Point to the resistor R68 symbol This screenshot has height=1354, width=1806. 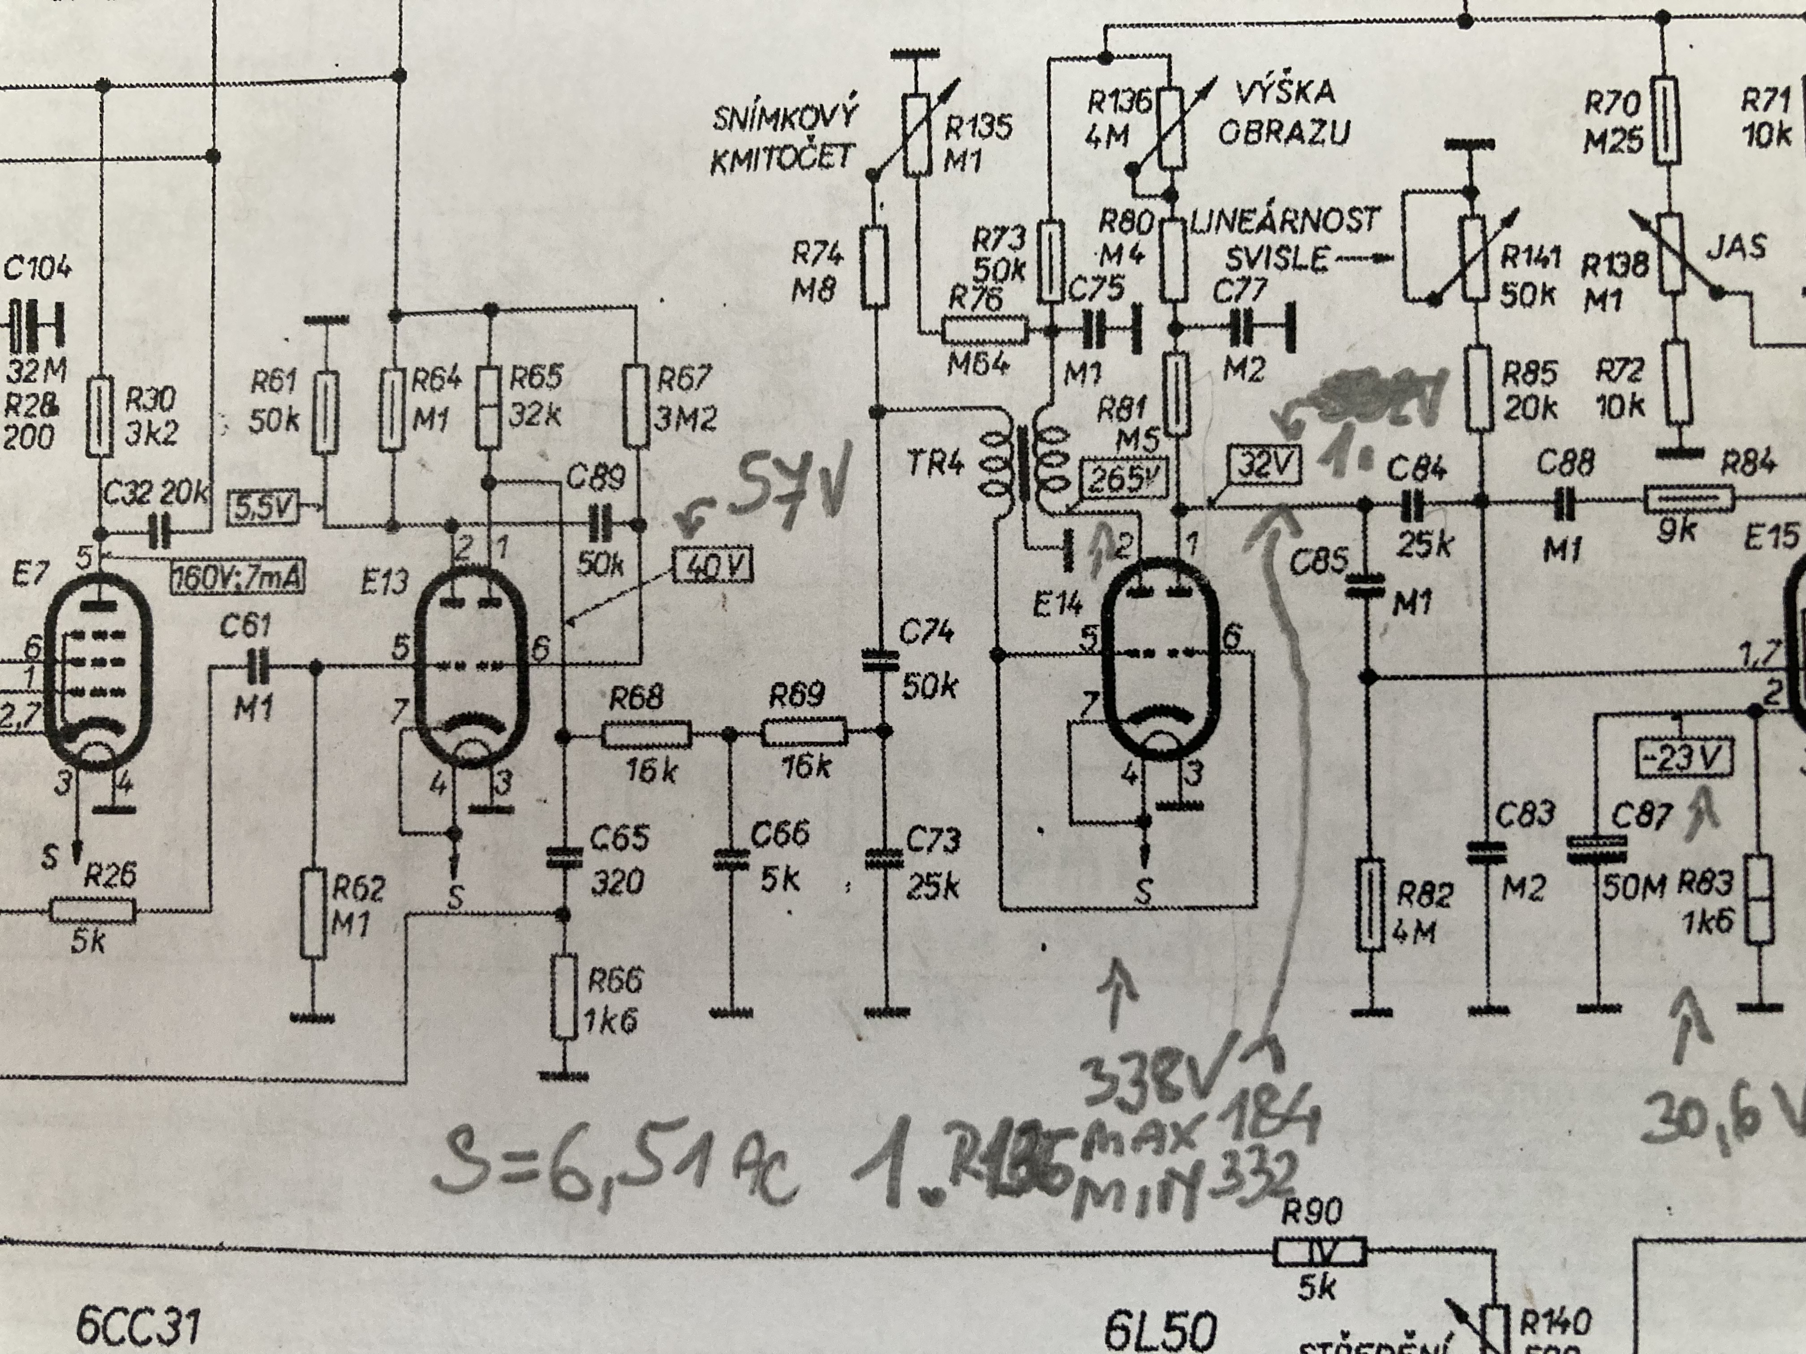(x=647, y=735)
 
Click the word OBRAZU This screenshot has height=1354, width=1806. (x=1283, y=132)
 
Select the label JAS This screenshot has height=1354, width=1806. (x=1737, y=246)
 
